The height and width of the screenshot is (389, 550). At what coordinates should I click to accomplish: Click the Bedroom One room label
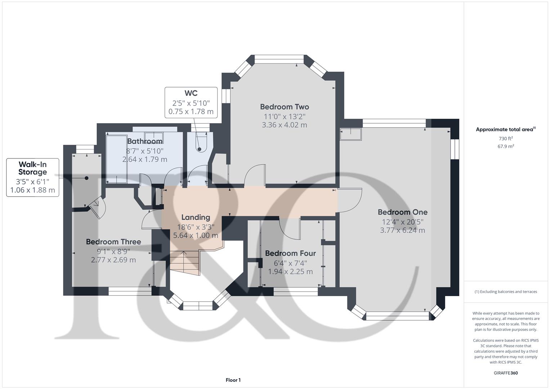click(x=402, y=212)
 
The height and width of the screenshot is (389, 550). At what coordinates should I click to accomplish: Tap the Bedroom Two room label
click(x=285, y=107)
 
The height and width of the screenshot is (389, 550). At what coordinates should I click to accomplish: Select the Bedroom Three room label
click(x=113, y=242)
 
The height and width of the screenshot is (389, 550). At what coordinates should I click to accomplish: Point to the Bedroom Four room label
click(x=290, y=253)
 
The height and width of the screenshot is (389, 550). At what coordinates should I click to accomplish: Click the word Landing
click(x=196, y=217)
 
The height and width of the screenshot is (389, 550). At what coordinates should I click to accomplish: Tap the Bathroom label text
click(x=145, y=141)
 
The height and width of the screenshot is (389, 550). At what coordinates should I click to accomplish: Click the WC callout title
click(x=191, y=94)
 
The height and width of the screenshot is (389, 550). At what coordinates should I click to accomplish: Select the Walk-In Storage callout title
click(x=32, y=168)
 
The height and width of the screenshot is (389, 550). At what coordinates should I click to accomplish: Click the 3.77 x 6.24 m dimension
click(x=402, y=230)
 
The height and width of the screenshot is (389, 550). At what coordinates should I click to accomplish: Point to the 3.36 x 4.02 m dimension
click(x=285, y=125)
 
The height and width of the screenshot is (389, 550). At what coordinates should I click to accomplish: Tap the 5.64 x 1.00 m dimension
click(x=196, y=236)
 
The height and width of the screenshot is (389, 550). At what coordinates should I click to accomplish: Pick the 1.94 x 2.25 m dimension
click(x=290, y=272)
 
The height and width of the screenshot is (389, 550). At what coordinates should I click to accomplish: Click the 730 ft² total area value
click(x=506, y=139)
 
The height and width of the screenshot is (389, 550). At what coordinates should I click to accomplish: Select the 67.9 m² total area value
click(x=506, y=146)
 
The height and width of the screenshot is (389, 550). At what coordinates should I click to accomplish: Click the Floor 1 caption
click(x=233, y=380)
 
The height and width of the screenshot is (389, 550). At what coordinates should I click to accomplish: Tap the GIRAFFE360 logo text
click(x=506, y=373)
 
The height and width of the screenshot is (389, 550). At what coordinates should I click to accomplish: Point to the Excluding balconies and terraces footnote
click(x=506, y=292)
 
